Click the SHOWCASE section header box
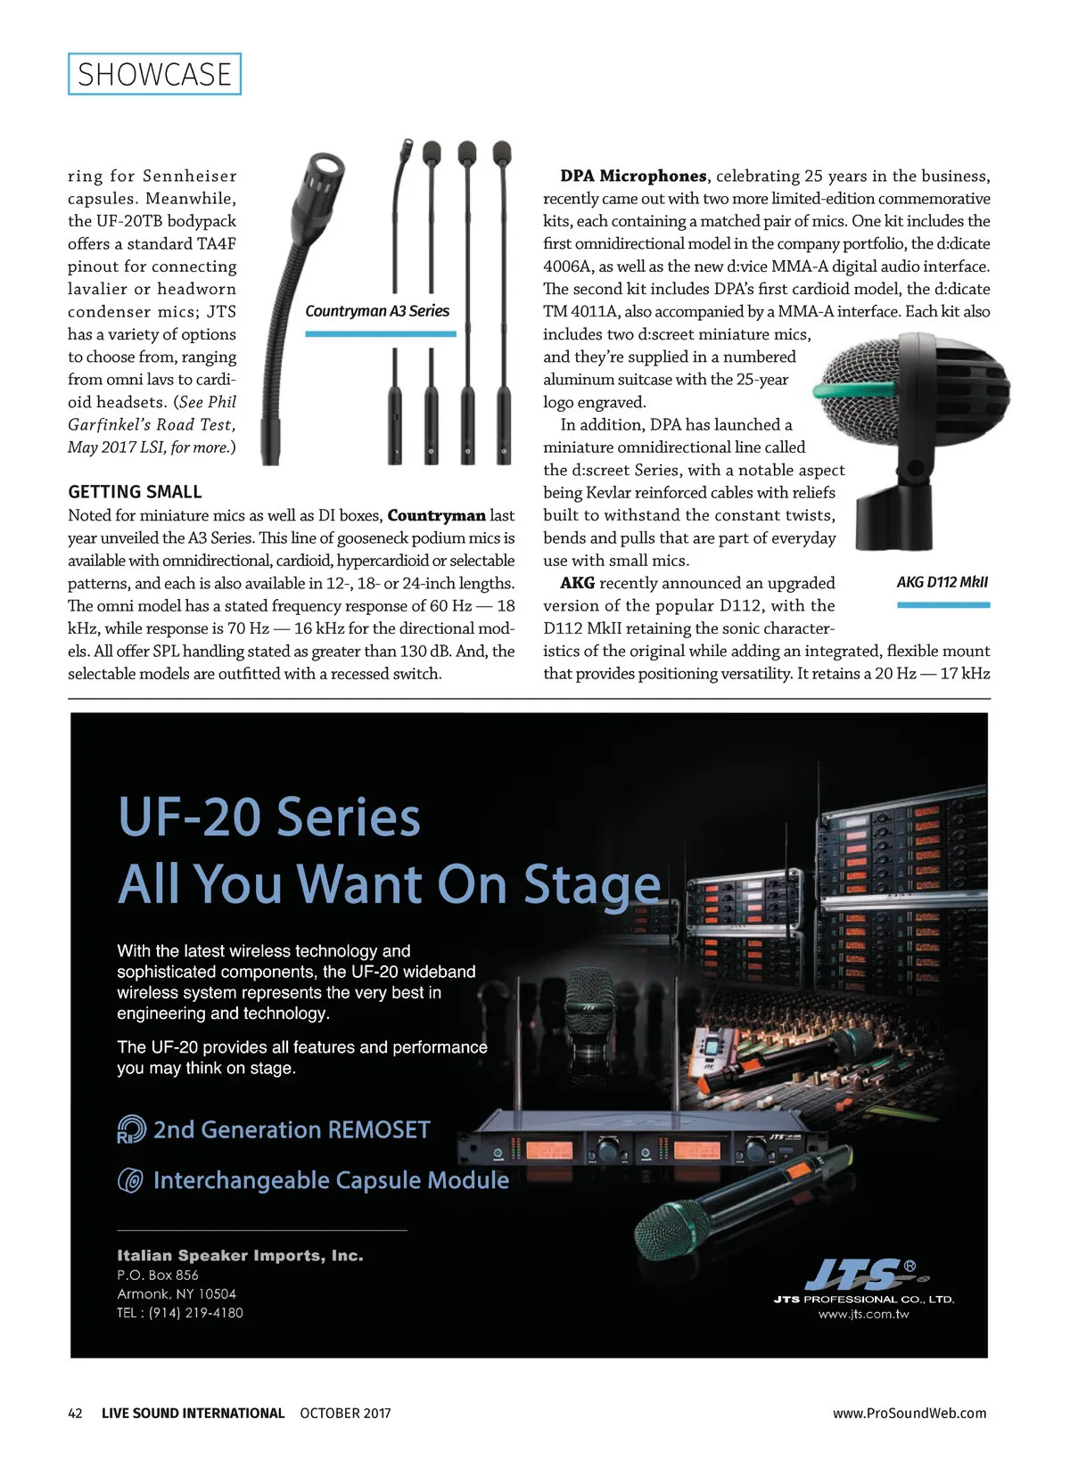[154, 74]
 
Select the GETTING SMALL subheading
[135, 492]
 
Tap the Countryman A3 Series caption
[377, 311]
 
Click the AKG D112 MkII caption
[942, 582]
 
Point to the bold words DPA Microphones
[633, 176]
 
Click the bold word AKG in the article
[577, 583]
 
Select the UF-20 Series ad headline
[268, 817]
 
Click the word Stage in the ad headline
[592, 884]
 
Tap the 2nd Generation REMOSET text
[292, 1130]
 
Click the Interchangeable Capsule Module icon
[130, 1181]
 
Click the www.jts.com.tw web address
[863, 1314]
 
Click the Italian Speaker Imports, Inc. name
[240, 1256]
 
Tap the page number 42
[76, 1413]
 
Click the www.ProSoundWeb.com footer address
[909, 1413]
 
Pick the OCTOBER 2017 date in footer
[345, 1413]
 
